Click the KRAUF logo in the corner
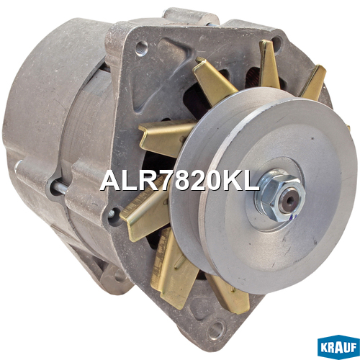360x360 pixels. coord(338,347)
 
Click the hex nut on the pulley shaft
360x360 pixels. coord(280,195)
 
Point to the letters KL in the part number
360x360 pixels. coord(240,181)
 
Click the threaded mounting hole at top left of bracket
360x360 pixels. coord(142,49)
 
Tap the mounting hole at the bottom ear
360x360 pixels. coord(217,330)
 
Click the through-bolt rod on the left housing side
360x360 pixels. coord(60,188)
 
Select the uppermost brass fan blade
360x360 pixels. coord(269,65)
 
